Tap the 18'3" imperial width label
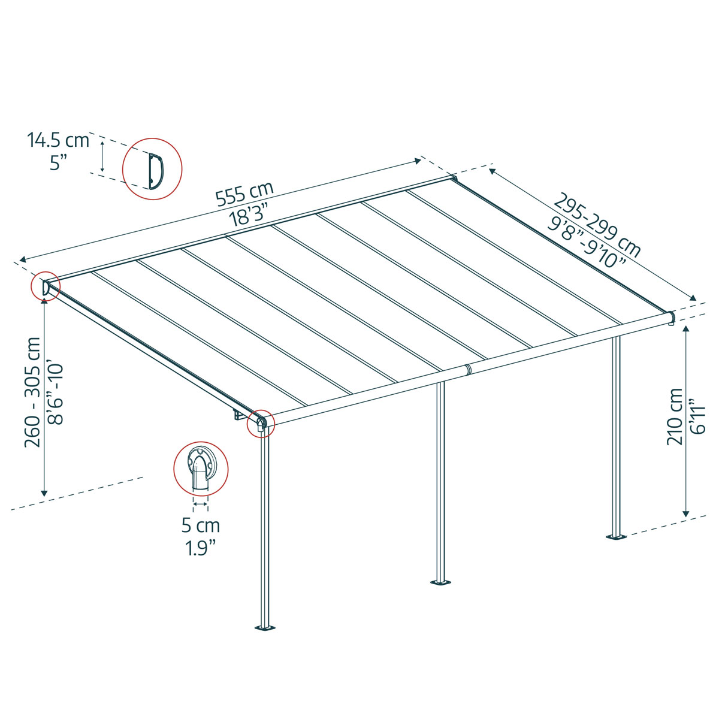coord(247,215)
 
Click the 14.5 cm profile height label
coord(58,141)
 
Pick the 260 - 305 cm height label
coord(33,392)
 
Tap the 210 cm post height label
coord(675,416)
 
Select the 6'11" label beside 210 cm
coord(698,416)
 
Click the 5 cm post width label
coord(201,526)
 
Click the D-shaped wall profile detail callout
coord(152,168)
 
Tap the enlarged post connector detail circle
coord(200,469)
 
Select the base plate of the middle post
coord(440,582)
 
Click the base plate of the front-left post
coord(264,628)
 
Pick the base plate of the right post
coord(615,536)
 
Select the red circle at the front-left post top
coord(261,422)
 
